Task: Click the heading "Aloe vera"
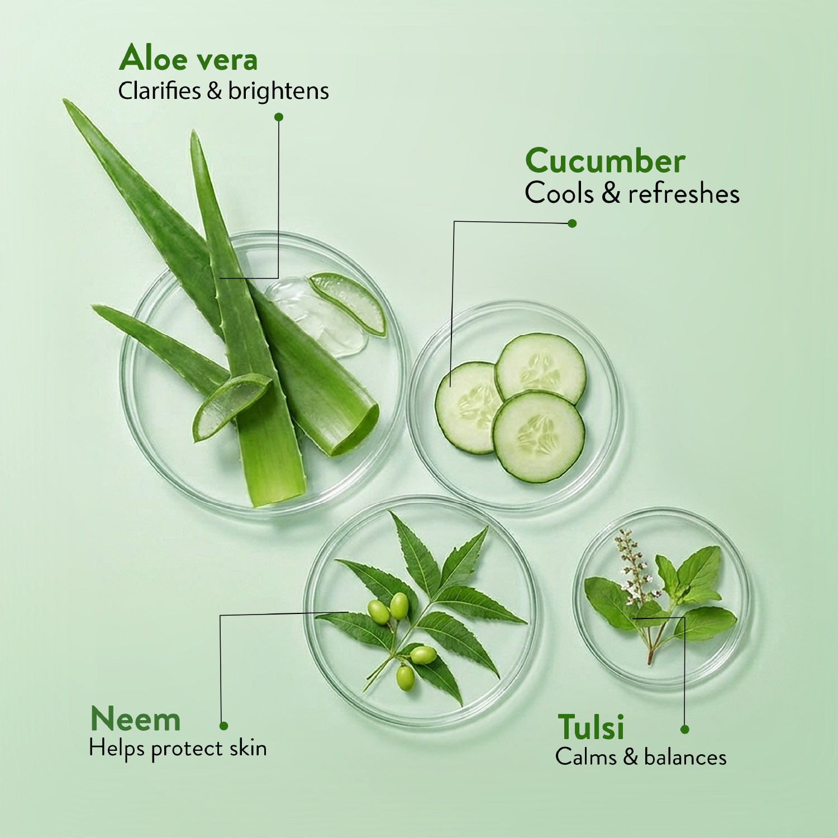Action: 188,59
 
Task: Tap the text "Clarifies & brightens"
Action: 223,92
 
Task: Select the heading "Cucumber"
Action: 605,161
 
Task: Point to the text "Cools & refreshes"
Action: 632,194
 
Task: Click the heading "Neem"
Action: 136,720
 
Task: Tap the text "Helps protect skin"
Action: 178,749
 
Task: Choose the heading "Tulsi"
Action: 591,727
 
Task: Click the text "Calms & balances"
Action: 641,758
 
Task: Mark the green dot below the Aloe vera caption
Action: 279,117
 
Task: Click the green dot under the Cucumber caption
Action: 572,223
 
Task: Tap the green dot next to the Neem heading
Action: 223,726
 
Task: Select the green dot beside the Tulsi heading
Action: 685,729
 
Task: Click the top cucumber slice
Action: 540,366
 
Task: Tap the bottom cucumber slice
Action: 538,436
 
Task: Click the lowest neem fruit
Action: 405,677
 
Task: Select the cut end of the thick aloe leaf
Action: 356,430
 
